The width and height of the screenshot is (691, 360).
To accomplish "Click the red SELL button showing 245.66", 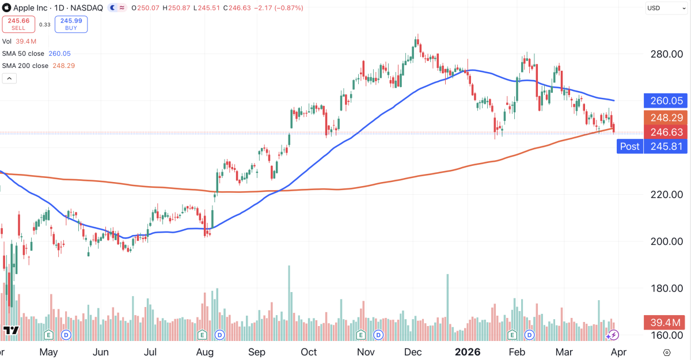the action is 18,24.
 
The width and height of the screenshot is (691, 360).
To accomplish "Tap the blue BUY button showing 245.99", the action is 71,24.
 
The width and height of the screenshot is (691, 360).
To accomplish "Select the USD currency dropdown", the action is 666,8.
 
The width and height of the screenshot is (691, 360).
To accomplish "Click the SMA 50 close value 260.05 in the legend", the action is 59,54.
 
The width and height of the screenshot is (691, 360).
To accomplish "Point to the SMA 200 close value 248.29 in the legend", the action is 63,66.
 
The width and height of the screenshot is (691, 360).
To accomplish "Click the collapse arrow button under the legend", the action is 9,78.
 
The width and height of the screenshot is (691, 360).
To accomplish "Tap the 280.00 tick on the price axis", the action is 667,54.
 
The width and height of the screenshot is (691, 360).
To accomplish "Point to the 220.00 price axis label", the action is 667,194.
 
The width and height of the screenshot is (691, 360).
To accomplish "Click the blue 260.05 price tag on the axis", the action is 666,101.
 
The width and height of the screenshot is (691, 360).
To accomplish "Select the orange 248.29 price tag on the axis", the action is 666,118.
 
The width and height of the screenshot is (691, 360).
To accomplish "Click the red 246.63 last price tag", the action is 666,132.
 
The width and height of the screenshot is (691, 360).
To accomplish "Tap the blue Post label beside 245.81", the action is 630,146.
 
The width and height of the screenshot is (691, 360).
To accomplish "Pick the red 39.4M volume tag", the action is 666,323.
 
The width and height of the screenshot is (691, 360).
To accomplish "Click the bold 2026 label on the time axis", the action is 468,352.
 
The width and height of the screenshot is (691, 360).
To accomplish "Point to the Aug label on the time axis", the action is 205,352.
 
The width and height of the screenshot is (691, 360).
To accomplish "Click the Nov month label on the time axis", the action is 366,352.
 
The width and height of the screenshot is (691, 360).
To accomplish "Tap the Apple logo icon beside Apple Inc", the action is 6,7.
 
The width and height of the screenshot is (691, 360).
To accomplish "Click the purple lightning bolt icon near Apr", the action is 614,335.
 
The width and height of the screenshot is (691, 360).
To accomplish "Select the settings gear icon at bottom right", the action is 667,353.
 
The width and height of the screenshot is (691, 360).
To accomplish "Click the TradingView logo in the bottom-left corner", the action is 11,331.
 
